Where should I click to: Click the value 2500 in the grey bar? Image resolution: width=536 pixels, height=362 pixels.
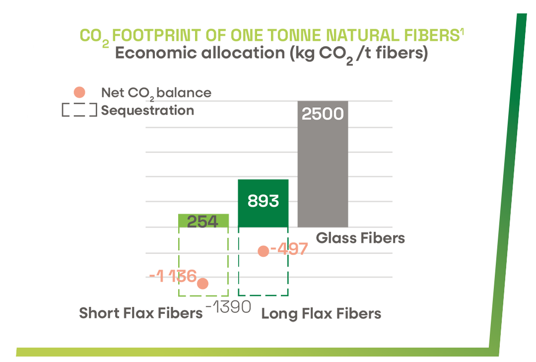click(x=323, y=114)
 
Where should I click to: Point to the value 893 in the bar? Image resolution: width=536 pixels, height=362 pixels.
click(x=263, y=201)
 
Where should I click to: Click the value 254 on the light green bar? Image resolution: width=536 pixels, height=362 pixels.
click(x=203, y=221)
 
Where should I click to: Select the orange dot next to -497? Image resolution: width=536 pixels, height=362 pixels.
click(x=264, y=251)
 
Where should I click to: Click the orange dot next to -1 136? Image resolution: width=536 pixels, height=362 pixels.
click(x=202, y=284)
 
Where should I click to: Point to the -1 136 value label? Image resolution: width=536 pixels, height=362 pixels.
click(x=173, y=276)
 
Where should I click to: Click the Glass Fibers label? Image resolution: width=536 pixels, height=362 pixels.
click(x=360, y=238)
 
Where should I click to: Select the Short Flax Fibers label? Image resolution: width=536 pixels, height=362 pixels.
click(x=141, y=313)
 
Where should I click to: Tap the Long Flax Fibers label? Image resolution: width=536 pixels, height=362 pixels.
click(x=321, y=314)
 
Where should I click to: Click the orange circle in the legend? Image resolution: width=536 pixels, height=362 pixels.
click(x=79, y=92)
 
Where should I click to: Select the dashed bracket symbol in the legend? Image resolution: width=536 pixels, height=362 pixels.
click(x=79, y=110)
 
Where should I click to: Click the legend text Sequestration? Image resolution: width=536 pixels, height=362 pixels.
click(x=147, y=110)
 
